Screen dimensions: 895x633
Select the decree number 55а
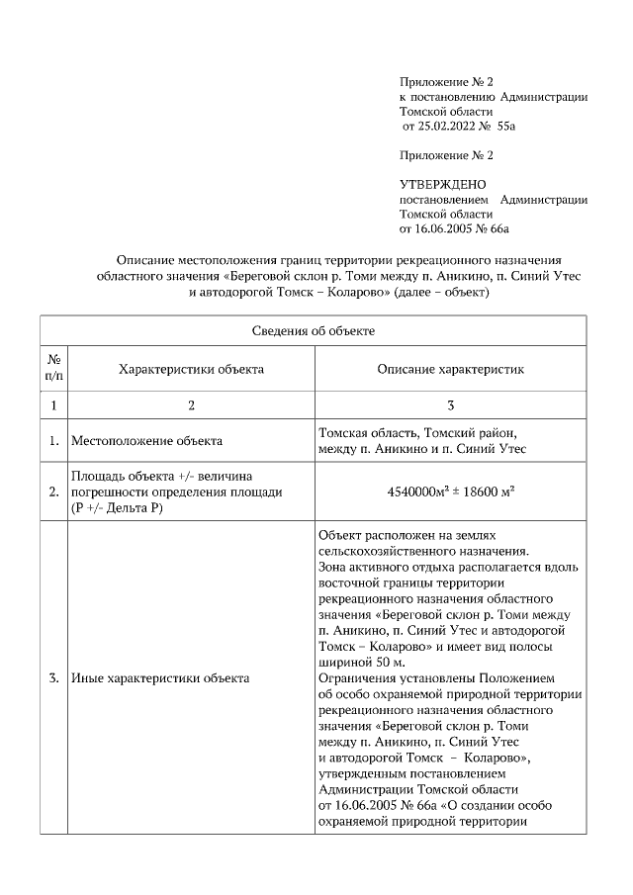point(507,127)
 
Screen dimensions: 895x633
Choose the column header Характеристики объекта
point(191,369)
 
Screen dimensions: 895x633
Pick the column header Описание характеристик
point(450,369)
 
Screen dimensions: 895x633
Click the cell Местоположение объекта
point(146,440)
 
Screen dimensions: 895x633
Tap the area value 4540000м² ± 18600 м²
point(450,491)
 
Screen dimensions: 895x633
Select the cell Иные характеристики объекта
point(160,678)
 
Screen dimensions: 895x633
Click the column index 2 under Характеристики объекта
point(191,404)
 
